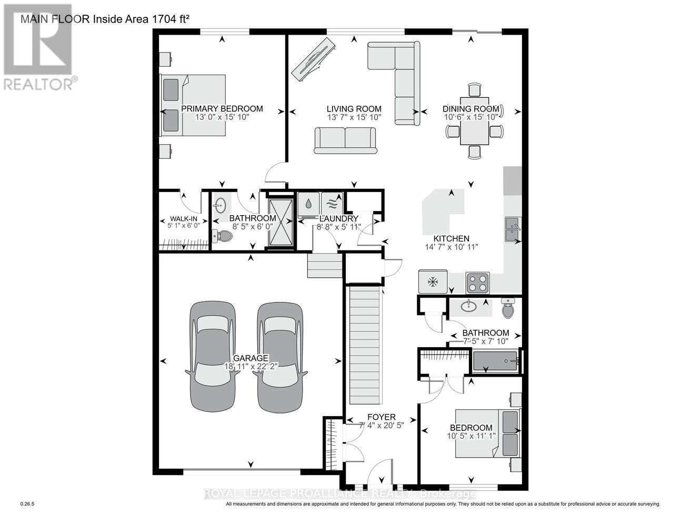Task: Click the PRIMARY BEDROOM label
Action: pyautogui.click(x=222, y=109)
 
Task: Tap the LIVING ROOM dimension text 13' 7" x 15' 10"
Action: pyautogui.click(x=354, y=117)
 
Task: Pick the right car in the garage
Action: pyautogui.click(x=280, y=356)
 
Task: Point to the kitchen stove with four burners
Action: pyautogui.click(x=477, y=282)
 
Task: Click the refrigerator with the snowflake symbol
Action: pyautogui.click(x=433, y=282)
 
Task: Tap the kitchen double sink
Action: pyautogui.click(x=513, y=229)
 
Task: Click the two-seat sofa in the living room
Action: pyautogui.click(x=346, y=140)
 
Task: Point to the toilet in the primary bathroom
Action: pyautogui.click(x=223, y=236)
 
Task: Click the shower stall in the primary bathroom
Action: pyautogui.click(x=280, y=221)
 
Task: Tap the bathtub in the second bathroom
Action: pyautogui.click(x=495, y=361)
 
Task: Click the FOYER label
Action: pyautogui.click(x=380, y=417)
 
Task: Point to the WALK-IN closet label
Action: pyautogui.click(x=176, y=219)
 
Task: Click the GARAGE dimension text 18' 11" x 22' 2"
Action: pyautogui.click(x=248, y=366)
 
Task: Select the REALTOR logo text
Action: pyautogui.click(x=39, y=84)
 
